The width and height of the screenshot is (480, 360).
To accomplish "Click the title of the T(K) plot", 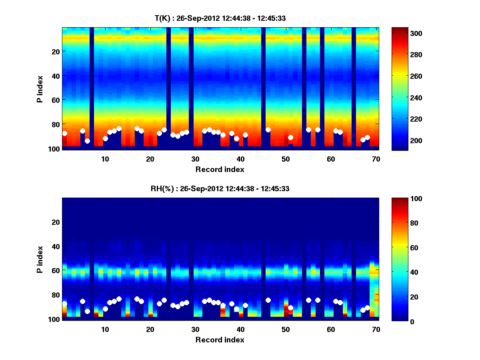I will [220, 18].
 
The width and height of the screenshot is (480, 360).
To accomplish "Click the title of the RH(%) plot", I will [218, 189].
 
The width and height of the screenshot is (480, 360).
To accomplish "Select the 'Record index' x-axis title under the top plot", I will [220, 169].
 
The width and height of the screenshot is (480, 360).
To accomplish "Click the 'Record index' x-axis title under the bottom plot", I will [220, 340].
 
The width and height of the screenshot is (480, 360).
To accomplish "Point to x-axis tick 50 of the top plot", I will [286, 159].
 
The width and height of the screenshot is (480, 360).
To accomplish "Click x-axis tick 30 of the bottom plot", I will [195, 329].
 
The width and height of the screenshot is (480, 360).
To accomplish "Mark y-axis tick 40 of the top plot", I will [55, 76].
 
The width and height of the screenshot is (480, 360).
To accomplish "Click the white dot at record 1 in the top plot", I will [65, 133].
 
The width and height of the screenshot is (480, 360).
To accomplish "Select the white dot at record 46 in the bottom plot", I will [268, 300].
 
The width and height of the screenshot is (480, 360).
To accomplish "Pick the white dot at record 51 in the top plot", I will [291, 138].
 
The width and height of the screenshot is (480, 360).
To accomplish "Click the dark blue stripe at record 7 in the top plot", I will [92, 88].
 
